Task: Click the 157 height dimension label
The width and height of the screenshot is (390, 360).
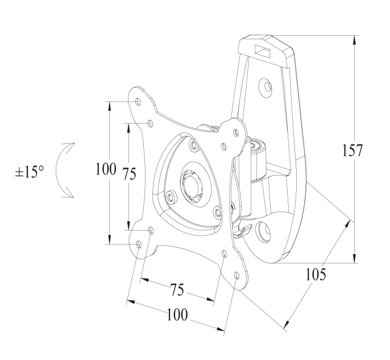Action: [x=352, y=150]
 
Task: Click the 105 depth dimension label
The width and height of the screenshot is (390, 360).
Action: [x=316, y=274]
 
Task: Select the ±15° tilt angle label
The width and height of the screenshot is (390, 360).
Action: [x=30, y=172]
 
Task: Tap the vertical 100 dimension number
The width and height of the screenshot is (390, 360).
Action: [x=106, y=169]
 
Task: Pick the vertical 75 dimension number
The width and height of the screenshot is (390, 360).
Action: [x=130, y=173]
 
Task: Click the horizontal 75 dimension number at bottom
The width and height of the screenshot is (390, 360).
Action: [x=177, y=289]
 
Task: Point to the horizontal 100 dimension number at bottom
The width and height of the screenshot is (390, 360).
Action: [x=177, y=315]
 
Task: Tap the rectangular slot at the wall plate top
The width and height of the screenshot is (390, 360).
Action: [x=262, y=51]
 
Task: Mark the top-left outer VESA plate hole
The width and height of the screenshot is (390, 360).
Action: [x=138, y=101]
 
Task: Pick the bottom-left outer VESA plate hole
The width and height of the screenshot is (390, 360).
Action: [x=139, y=245]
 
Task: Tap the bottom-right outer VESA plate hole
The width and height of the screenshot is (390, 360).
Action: [x=237, y=275]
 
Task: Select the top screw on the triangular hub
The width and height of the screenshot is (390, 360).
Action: [x=193, y=145]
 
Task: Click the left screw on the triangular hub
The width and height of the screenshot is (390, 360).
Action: [x=171, y=197]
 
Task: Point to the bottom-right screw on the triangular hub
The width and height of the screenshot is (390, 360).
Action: [x=217, y=212]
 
